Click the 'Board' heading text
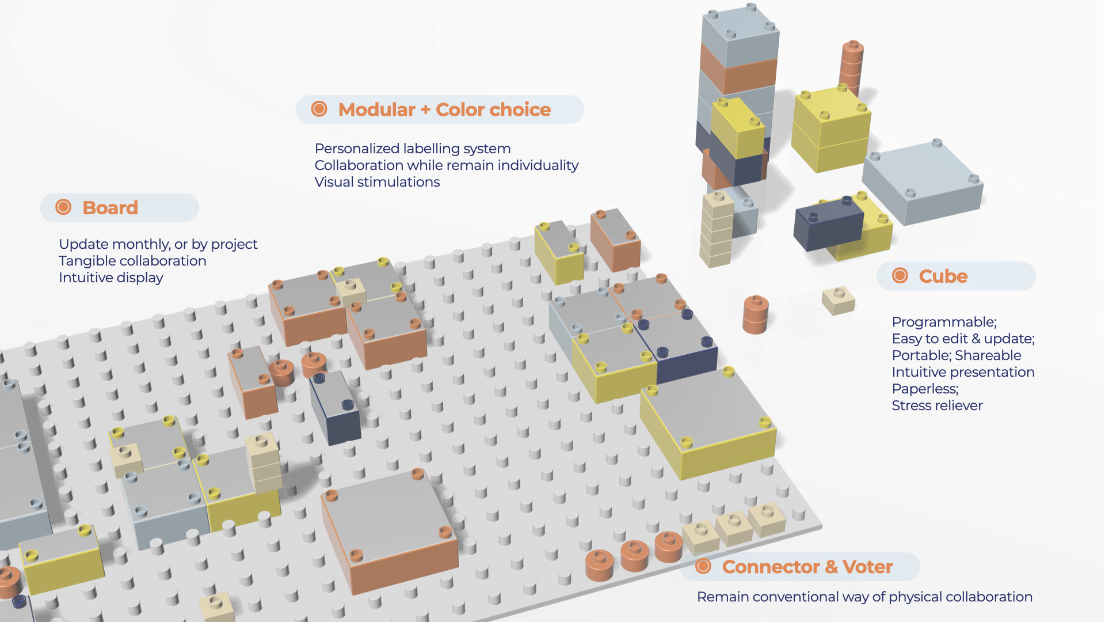click(110, 207)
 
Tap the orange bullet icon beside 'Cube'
click(900, 276)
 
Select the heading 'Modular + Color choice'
click(444, 109)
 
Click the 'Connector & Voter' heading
click(807, 567)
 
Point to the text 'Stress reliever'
click(937, 405)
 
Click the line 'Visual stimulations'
click(377, 182)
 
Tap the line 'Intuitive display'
click(111, 278)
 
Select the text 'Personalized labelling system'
click(412, 149)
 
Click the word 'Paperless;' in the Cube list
click(925, 389)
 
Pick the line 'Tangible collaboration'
click(132, 261)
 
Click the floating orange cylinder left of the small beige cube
click(756, 315)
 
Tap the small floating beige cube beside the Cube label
click(839, 301)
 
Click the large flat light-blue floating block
click(923, 181)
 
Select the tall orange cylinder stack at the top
click(851, 66)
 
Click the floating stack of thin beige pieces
click(716, 230)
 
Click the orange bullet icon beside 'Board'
click(63, 207)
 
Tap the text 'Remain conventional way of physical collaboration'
click(864, 597)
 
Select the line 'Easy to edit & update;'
click(963, 339)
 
